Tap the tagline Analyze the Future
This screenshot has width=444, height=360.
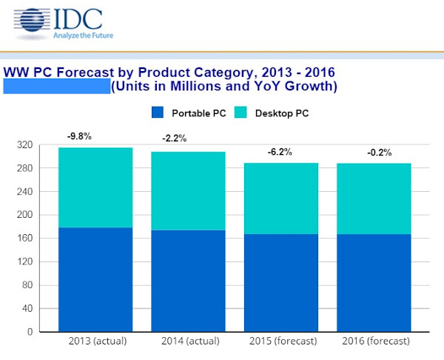tap(82, 34)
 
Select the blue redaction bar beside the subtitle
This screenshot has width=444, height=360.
tap(57, 87)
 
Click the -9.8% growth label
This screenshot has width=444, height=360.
tap(79, 136)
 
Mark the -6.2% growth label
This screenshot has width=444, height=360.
tap(279, 152)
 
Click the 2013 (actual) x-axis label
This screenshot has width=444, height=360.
tap(95, 341)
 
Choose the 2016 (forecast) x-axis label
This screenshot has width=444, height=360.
tap(374, 341)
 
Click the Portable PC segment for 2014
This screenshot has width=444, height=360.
tap(189, 281)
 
